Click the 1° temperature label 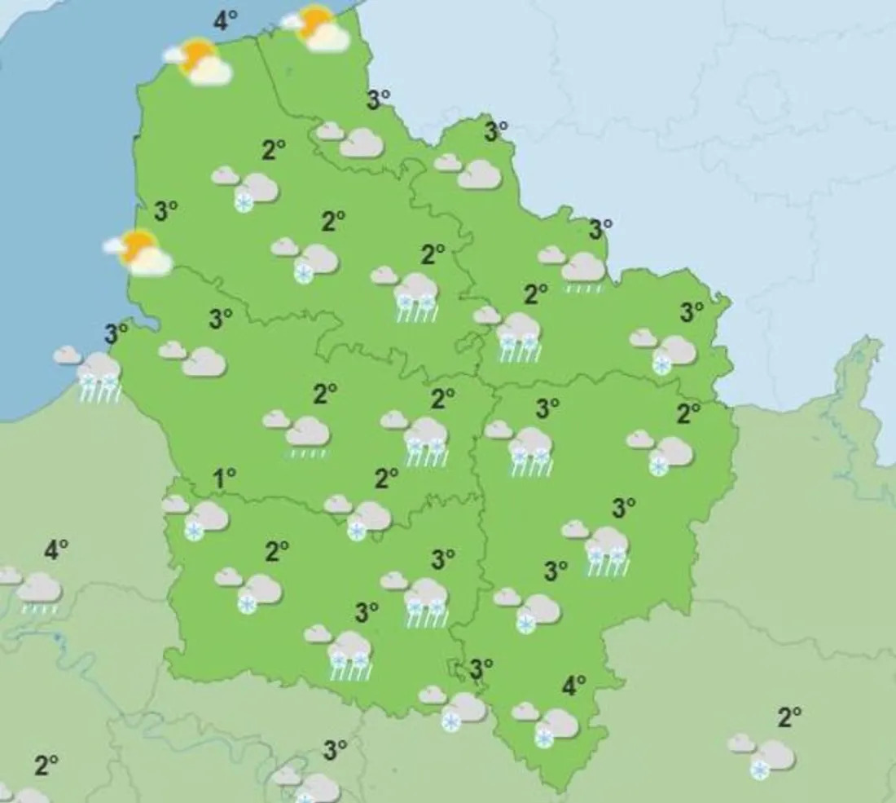click(x=223, y=479)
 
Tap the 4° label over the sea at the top click(x=225, y=20)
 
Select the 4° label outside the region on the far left click(x=55, y=551)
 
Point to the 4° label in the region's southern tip click(x=573, y=687)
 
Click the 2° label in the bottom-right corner click(x=788, y=718)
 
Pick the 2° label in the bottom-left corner click(x=46, y=765)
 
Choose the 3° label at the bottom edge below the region click(x=335, y=750)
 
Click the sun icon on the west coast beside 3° click(x=138, y=252)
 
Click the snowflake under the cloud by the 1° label click(x=194, y=532)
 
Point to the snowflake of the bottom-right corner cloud click(x=760, y=770)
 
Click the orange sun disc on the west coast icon click(x=138, y=246)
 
